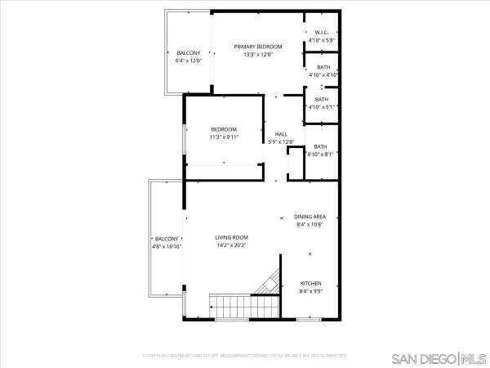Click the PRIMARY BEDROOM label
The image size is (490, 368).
coord(257,47)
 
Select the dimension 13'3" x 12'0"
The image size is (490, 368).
coord(257,55)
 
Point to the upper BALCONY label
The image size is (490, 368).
coord(188,53)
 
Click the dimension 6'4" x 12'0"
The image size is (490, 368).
coord(188,61)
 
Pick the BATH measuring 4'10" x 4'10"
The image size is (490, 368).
coord(323,67)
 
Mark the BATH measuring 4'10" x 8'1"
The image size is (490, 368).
coord(320,146)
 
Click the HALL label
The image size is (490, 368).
coord(281,134)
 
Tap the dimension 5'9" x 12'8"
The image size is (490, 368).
coord(281,142)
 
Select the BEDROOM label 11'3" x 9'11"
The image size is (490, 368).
coord(224,129)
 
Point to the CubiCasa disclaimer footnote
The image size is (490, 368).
coord(245,357)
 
